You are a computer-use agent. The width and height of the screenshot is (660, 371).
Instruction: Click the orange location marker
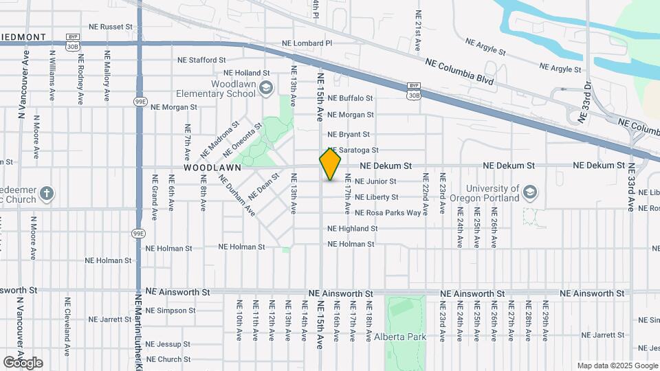tap(331, 164)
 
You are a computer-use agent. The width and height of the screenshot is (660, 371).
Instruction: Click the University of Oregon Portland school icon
tap(529, 190)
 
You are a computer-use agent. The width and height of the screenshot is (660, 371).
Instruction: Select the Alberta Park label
tap(401, 337)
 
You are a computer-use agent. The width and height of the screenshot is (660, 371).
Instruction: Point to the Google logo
tap(23, 363)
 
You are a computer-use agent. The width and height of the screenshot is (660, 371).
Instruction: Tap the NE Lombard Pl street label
tap(307, 43)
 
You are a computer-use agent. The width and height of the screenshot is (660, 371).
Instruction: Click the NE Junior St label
tap(375, 181)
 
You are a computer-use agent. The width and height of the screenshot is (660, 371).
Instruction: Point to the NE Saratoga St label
tap(355, 150)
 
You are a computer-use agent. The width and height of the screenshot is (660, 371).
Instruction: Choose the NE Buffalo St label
tap(350, 98)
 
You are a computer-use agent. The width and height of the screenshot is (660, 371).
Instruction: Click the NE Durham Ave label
tap(237, 195)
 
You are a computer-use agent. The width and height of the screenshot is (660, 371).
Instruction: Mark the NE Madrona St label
tap(219, 138)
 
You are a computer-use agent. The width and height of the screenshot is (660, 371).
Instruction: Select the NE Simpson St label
tap(171, 311)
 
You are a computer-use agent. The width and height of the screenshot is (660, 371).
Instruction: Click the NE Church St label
tap(168, 359)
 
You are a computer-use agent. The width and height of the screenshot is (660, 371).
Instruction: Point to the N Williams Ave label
tap(53, 76)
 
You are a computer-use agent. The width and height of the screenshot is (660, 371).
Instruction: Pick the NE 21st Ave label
tap(418, 32)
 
